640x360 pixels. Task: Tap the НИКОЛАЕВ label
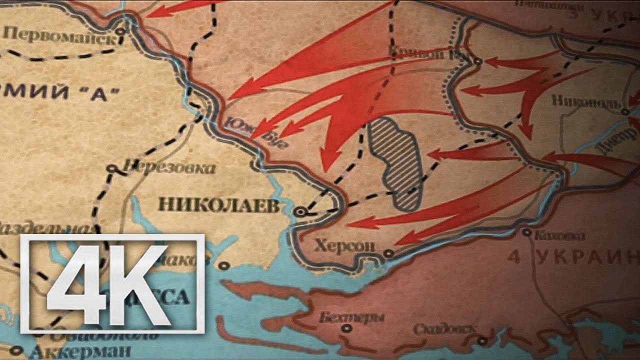218,205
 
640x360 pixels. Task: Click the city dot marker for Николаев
300,212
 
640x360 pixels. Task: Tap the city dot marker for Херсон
389,253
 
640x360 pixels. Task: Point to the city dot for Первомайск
120,31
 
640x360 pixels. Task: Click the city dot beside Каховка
526,232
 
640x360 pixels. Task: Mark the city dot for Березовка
113,168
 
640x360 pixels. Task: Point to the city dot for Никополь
625,112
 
